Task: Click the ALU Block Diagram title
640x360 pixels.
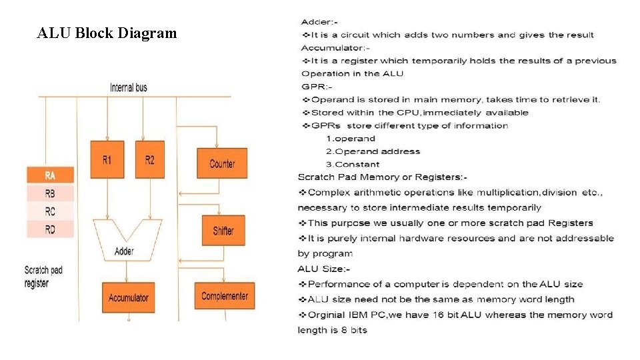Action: pyautogui.click(x=107, y=33)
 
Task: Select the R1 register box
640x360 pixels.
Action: pyautogui.click(x=107, y=159)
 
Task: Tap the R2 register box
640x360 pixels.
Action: pyautogui.click(x=149, y=159)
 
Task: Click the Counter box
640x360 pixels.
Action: pyautogui.click(x=222, y=163)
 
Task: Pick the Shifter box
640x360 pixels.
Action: pyautogui.click(x=223, y=231)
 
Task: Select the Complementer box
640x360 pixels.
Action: pyautogui.click(x=225, y=296)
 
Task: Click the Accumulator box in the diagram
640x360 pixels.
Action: pyautogui.click(x=129, y=298)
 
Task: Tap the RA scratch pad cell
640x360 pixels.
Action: pyautogui.click(x=50, y=176)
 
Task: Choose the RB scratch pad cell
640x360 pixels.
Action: pyautogui.click(x=50, y=194)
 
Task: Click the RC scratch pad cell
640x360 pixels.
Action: pyautogui.click(x=50, y=212)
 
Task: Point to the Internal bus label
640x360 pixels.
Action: pyautogui.click(x=129, y=87)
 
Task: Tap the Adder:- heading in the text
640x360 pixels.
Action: pyautogui.click(x=319, y=23)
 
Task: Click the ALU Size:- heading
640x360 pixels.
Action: pyautogui.click(x=323, y=269)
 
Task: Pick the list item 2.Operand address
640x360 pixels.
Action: pyautogui.click(x=373, y=151)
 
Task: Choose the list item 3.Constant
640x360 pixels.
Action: pyautogui.click(x=353, y=164)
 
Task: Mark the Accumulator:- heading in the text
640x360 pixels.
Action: pyautogui.click(x=335, y=48)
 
